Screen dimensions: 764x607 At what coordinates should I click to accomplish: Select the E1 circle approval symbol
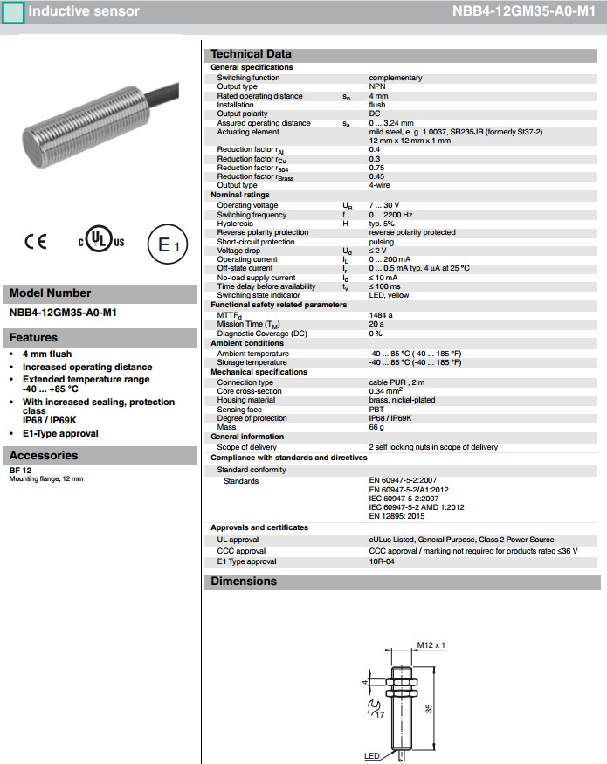click(x=168, y=245)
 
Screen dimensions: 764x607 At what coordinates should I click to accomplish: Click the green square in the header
click(x=14, y=12)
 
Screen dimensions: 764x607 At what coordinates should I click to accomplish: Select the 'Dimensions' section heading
click(x=244, y=582)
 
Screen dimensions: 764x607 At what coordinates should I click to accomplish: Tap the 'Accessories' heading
click(x=44, y=456)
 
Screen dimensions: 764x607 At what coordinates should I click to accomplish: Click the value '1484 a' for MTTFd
click(x=381, y=314)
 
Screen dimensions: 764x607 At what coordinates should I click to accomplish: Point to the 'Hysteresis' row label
click(x=237, y=224)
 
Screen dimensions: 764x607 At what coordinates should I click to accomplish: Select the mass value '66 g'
click(x=376, y=427)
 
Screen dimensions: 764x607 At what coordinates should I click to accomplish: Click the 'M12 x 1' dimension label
click(x=431, y=645)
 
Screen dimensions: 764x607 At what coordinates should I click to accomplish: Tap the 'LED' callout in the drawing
click(x=372, y=756)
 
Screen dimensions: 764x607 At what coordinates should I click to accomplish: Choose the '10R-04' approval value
click(x=383, y=562)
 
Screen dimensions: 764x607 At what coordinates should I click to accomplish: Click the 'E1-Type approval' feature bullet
click(x=60, y=433)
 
